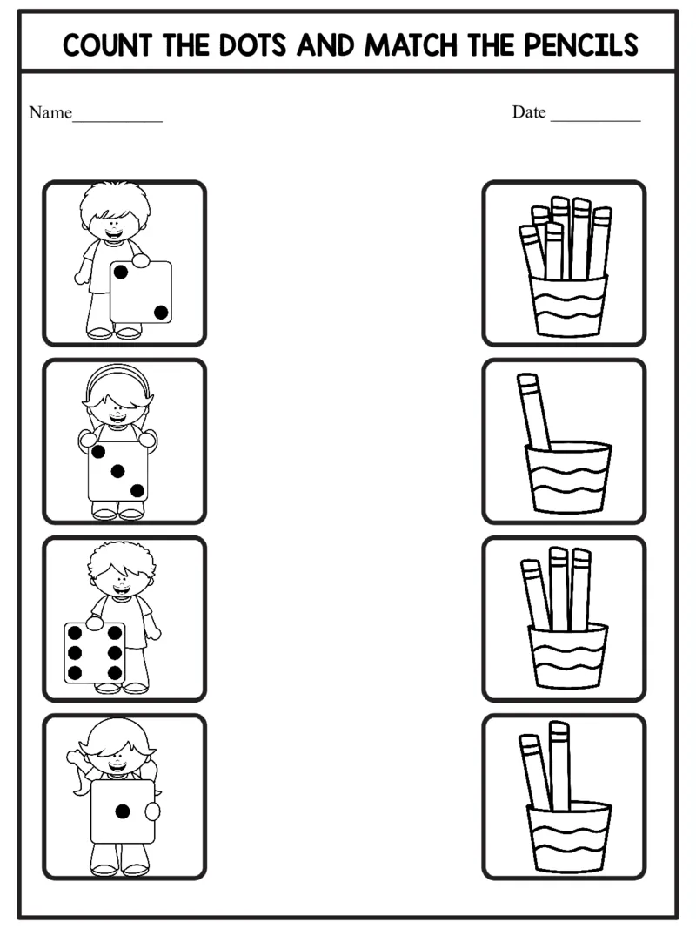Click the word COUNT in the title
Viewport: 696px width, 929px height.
[x=110, y=44]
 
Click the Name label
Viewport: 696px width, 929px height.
[x=50, y=112]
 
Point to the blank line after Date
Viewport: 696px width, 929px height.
[x=595, y=117]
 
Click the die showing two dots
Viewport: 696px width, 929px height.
[x=140, y=292]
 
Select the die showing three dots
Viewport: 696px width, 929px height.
[x=117, y=471]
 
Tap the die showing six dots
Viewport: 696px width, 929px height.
[x=95, y=652]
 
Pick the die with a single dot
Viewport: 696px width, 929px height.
[x=123, y=811]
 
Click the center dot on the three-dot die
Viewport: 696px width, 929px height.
[x=117, y=471]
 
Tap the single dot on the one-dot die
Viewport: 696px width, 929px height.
[x=123, y=811]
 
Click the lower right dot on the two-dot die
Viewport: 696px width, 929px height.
[x=160, y=312]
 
